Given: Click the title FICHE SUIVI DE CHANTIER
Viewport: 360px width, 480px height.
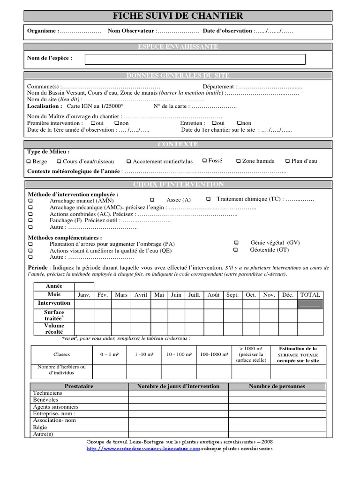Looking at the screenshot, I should [x=178, y=16].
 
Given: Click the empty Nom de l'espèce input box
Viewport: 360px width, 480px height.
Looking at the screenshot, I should [x=195, y=59].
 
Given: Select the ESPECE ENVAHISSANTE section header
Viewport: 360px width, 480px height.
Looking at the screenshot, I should [x=178, y=47].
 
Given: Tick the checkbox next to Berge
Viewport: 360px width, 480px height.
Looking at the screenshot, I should [x=29, y=162].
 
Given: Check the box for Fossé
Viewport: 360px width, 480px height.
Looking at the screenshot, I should [x=204, y=161].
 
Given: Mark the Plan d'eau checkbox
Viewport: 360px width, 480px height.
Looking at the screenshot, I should [x=287, y=161].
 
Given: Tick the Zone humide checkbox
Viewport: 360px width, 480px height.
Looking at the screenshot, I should [x=238, y=161].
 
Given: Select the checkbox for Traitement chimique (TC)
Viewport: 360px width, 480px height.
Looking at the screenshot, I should [x=208, y=199].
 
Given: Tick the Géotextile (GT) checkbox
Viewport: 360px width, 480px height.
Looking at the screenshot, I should [x=236, y=250].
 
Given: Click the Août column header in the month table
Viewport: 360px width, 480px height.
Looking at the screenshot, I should [x=213, y=295].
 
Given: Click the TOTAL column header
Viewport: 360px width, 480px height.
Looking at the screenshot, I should [x=310, y=295].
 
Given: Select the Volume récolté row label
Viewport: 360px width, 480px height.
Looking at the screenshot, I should [x=54, y=329].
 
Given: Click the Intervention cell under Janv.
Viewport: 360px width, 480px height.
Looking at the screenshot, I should [x=84, y=304].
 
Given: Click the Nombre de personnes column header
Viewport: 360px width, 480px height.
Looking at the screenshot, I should [x=277, y=386].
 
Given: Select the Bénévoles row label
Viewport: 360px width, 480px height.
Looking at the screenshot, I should [x=45, y=400].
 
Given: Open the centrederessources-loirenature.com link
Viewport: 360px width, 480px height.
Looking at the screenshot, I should [x=143, y=449].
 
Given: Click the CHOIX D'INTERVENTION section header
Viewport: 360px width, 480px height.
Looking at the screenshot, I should [x=178, y=185].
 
